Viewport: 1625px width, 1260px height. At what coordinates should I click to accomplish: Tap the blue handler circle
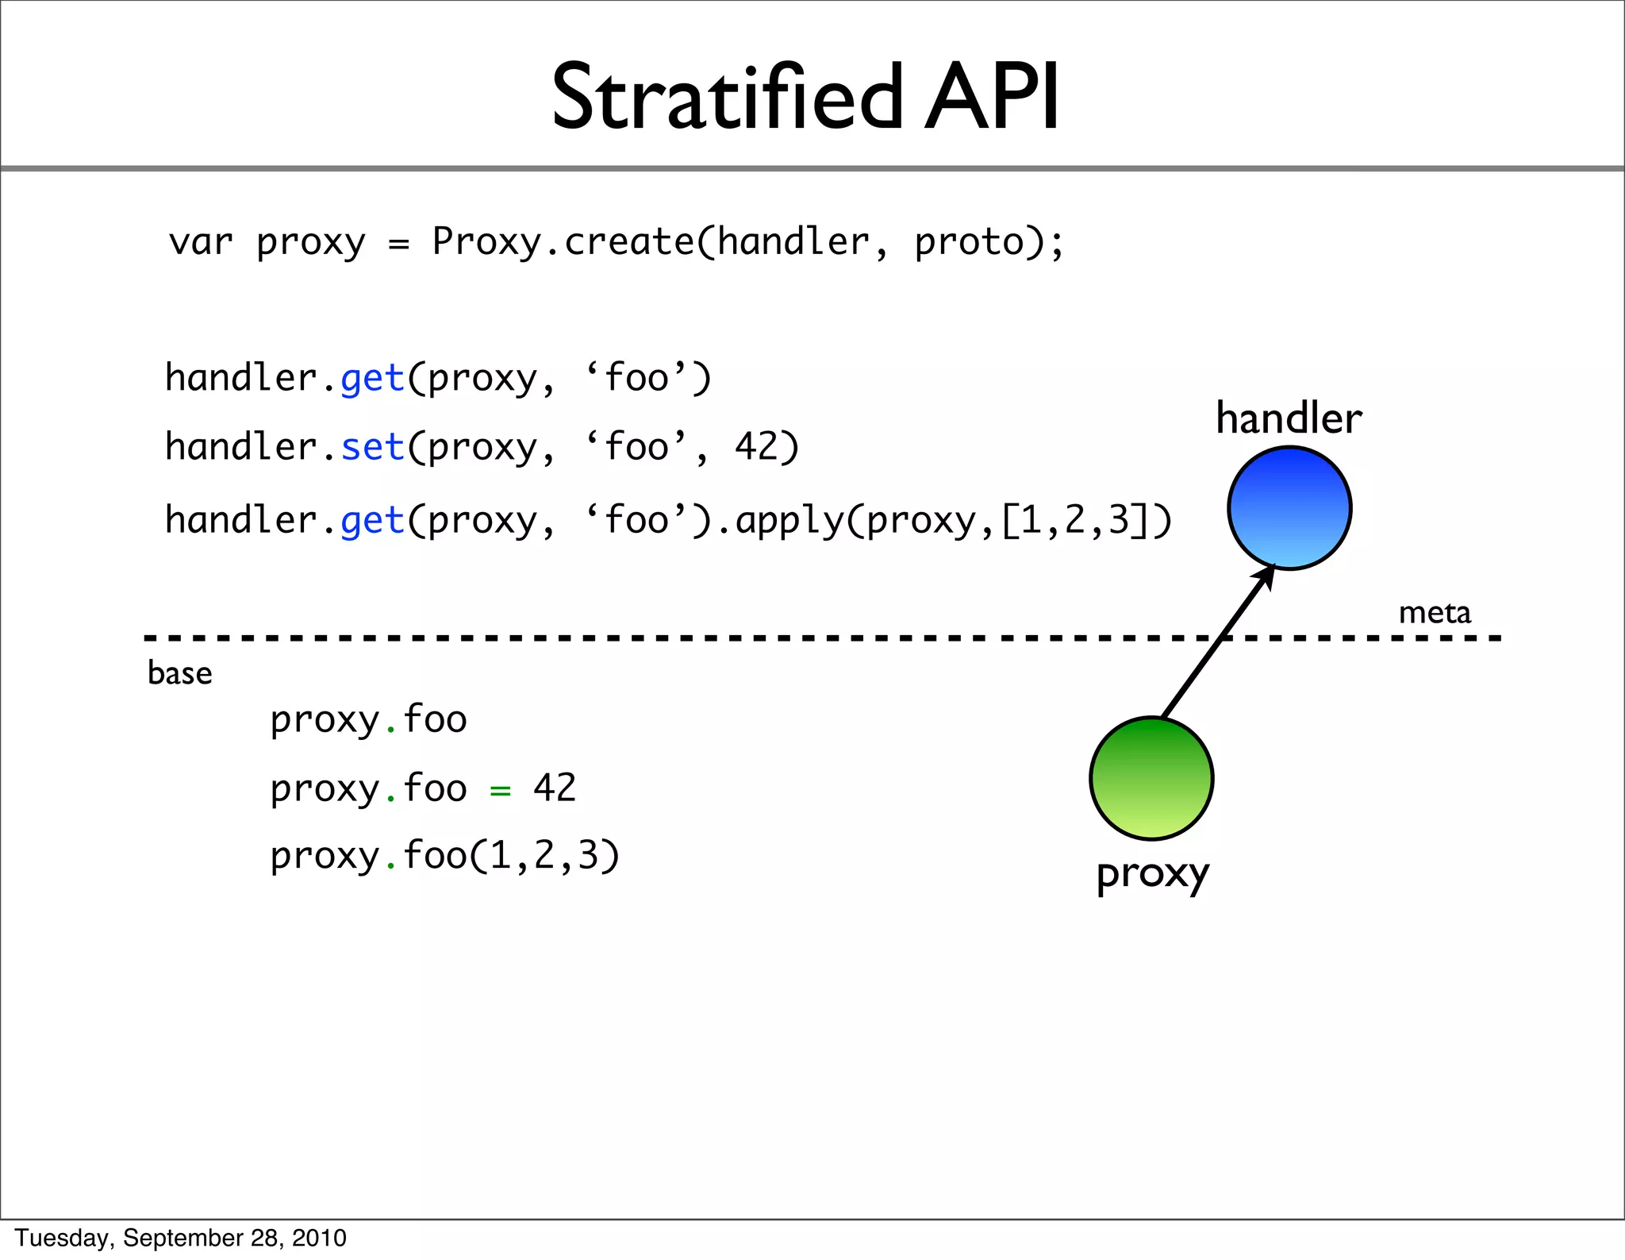coord(1289,508)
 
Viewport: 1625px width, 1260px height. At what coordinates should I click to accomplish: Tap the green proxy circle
coord(1151,778)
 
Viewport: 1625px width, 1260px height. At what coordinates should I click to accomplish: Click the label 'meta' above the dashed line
coord(1434,613)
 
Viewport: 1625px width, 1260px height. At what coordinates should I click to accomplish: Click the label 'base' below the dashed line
coord(180,673)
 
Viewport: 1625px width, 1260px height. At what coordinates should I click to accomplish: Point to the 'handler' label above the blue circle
coord(1289,418)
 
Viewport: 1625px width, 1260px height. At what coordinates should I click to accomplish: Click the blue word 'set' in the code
coord(373,447)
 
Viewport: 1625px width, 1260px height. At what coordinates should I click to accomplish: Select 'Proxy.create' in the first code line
coord(563,241)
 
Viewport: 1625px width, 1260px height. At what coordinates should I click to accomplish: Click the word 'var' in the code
coord(201,242)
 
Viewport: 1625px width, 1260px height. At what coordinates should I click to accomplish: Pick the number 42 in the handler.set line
coord(755,446)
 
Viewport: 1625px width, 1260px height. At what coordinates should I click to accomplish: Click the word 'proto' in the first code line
coord(970,242)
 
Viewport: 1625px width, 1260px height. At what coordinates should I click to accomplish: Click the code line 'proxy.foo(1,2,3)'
coord(444,856)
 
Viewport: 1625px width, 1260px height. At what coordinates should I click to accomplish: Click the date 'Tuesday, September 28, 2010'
coord(181,1238)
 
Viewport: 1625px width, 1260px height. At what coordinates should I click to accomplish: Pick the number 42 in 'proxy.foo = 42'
coord(555,788)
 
